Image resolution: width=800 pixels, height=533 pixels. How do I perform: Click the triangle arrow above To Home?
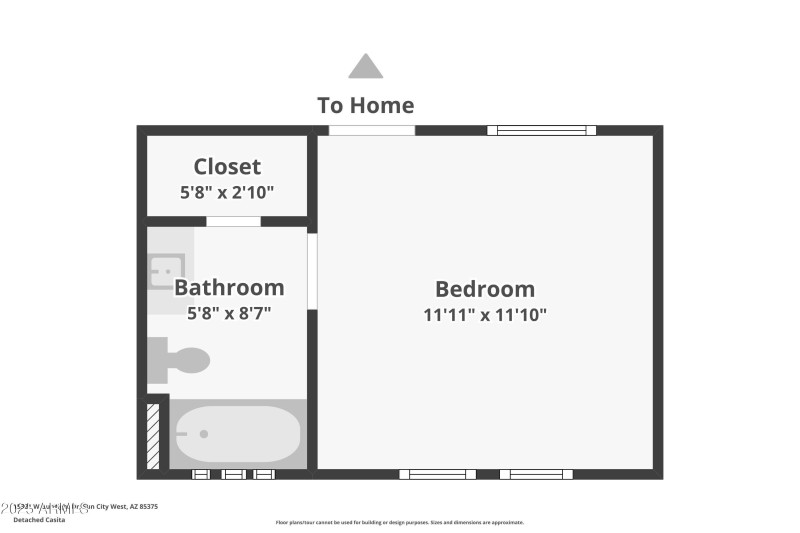tap(365, 68)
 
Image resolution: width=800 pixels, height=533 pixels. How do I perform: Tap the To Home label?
tap(365, 105)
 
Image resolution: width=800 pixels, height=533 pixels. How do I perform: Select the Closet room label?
tap(227, 167)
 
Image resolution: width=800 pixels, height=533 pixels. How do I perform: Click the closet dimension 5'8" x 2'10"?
tap(227, 192)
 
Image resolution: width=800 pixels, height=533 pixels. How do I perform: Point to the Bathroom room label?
tap(229, 288)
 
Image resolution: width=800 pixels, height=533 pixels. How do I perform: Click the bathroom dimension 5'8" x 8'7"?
tap(229, 313)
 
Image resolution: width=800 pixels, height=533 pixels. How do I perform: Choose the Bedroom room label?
tap(485, 289)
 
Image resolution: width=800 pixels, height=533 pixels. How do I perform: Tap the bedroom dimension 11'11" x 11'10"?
tap(485, 314)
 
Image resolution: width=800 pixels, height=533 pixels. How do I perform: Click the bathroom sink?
tap(166, 270)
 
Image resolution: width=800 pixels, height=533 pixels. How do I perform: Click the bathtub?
tap(237, 434)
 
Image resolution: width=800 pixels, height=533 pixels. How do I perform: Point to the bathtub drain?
tap(204, 434)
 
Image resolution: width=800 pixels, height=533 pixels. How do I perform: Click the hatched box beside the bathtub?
tap(153, 435)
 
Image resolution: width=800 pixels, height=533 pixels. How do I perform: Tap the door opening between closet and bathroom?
tap(233, 221)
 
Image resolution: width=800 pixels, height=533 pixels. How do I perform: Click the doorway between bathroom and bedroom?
tap(312, 271)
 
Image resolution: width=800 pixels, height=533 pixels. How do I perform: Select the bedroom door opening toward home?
tap(372, 130)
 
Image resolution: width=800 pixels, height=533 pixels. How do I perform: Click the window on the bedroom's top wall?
tap(541, 130)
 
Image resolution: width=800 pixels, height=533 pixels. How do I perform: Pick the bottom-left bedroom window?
tap(438, 474)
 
